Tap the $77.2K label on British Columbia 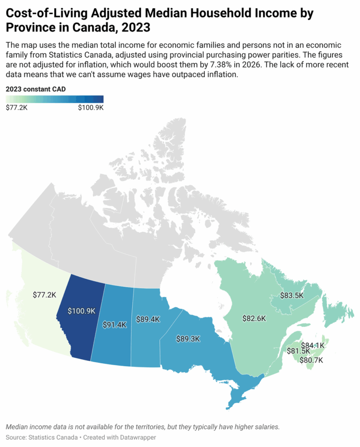[x=45, y=295]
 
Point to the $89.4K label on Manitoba [x=148, y=319]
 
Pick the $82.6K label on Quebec [x=254, y=318]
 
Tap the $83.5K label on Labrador [x=291, y=296]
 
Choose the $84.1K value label [x=313, y=345]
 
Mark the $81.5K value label [x=298, y=351]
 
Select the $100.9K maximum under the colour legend [x=90, y=107]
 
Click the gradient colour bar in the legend [x=55, y=99]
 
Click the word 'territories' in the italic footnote [x=142, y=426]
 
